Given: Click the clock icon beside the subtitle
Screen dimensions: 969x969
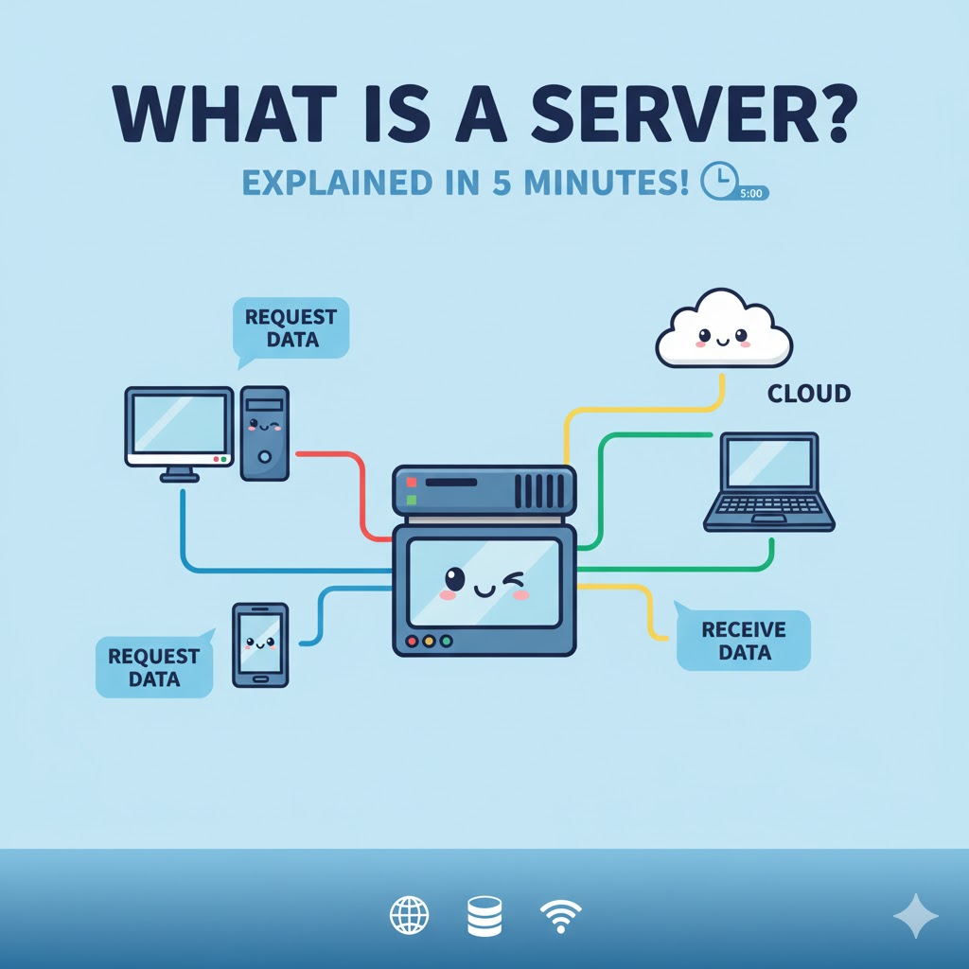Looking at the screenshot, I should (718, 180).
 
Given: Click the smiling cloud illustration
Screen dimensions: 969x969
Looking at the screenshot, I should (723, 329).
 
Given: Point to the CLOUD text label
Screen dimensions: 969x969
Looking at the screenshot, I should (808, 393).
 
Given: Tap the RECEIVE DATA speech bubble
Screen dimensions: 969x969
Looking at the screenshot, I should (744, 641).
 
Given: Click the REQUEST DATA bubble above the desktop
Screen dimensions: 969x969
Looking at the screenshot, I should (289, 328).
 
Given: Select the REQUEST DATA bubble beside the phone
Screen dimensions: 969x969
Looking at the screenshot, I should (153, 666).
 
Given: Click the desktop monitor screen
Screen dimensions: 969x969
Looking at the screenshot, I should (179, 423).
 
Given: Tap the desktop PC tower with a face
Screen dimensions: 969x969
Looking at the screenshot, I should (264, 432).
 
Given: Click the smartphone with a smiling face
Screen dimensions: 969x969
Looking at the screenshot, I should (260, 644).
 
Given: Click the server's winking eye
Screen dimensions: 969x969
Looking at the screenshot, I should (515, 578).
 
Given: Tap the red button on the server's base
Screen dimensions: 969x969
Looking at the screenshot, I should (411, 641).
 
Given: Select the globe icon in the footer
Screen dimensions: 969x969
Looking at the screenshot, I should (409, 915).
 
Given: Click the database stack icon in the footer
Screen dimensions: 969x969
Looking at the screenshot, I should (484, 915).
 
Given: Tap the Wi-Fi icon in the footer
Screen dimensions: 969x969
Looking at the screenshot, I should (560, 915).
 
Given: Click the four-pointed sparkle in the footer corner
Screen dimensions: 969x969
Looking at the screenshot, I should (915, 915).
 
